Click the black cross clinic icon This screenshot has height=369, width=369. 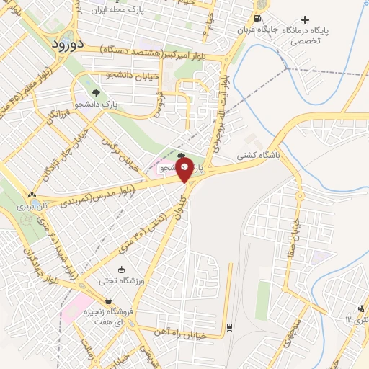tap(306, 19)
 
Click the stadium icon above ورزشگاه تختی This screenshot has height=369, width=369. tap(121, 269)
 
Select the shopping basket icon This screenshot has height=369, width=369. tap(108, 301)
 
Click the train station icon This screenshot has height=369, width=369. tap(228, 326)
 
